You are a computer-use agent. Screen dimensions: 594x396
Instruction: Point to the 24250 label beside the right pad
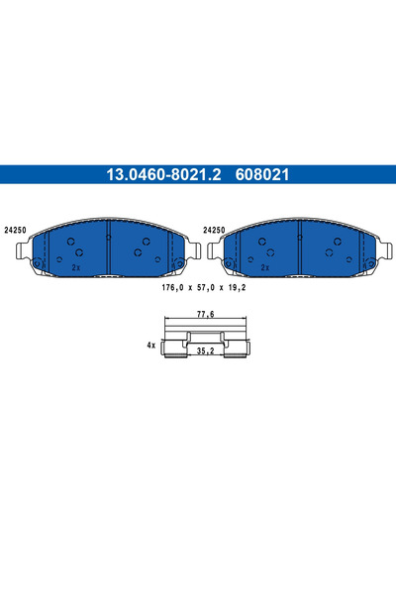(x=214, y=229)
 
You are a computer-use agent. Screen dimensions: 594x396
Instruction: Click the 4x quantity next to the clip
(x=151, y=346)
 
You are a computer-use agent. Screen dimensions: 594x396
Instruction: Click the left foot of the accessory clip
(x=169, y=352)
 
